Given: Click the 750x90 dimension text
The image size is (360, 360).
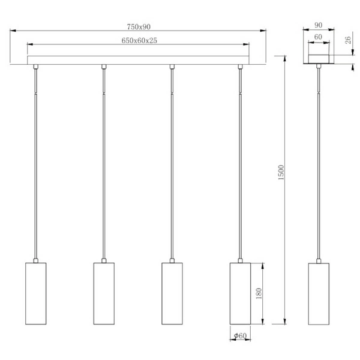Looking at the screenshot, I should point(140,26).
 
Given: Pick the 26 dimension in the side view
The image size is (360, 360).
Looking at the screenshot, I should point(347,41).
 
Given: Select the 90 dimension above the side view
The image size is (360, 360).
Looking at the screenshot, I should point(318,26).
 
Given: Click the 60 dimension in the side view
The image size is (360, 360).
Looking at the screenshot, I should point(318,37).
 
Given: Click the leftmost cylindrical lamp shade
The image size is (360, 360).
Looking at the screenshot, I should point(36,293).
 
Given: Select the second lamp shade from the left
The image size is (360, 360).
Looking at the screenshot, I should point(104,293).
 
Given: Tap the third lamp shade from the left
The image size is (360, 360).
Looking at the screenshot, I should point(172,293).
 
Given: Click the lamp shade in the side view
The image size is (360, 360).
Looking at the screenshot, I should point(319,293).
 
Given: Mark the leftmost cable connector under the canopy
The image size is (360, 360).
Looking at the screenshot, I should point(36,66).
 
